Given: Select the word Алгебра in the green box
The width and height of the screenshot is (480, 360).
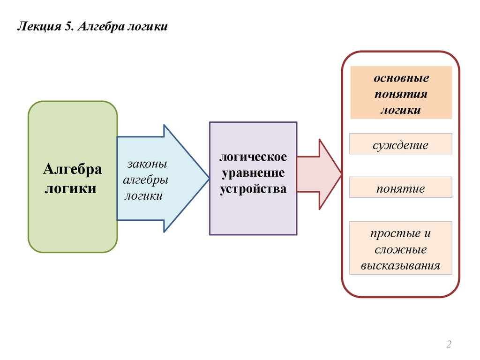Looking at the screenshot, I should click(x=73, y=169).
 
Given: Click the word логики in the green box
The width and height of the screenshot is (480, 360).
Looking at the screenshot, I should click(x=70, y=189).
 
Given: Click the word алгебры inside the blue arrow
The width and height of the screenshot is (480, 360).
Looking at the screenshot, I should click(x=145, y=180).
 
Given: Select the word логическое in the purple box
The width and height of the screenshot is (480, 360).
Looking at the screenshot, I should click(x=253, y=157).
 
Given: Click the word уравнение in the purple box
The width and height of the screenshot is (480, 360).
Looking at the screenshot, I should click(x=253, y=172).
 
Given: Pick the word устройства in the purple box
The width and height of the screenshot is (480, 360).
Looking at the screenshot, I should click(x=253, y=189).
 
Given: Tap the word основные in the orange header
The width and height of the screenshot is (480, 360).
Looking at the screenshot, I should click(x=401, y=77).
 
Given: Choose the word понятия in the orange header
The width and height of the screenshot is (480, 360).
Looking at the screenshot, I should click(x=401, y=94).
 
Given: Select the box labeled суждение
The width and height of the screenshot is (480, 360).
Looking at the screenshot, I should click(x=401, y=144).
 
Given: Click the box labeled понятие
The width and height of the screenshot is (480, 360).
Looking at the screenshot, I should click(x=401, y=188).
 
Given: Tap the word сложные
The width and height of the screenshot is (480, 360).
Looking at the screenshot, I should click(x=401, y=249).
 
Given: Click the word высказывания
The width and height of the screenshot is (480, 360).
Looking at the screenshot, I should click(x=401, y=266).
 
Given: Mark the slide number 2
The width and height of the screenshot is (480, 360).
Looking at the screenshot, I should click(x=449, y=345).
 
